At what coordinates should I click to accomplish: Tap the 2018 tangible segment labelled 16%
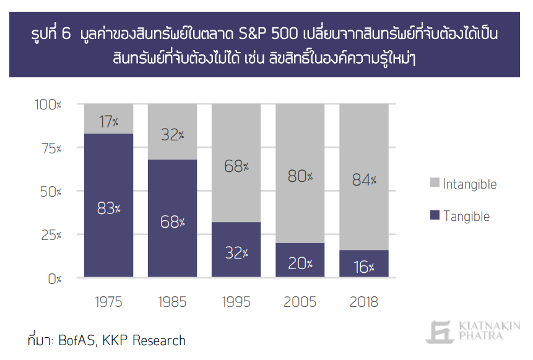coord(364,267)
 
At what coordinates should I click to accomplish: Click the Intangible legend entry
coord(462,184)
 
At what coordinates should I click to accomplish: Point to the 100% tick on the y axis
coord(48,105)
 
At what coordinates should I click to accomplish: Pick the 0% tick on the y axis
coord(54,278)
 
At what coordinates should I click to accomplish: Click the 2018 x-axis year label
coord(364,302)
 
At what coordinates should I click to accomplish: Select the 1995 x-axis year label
coord(236,302)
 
